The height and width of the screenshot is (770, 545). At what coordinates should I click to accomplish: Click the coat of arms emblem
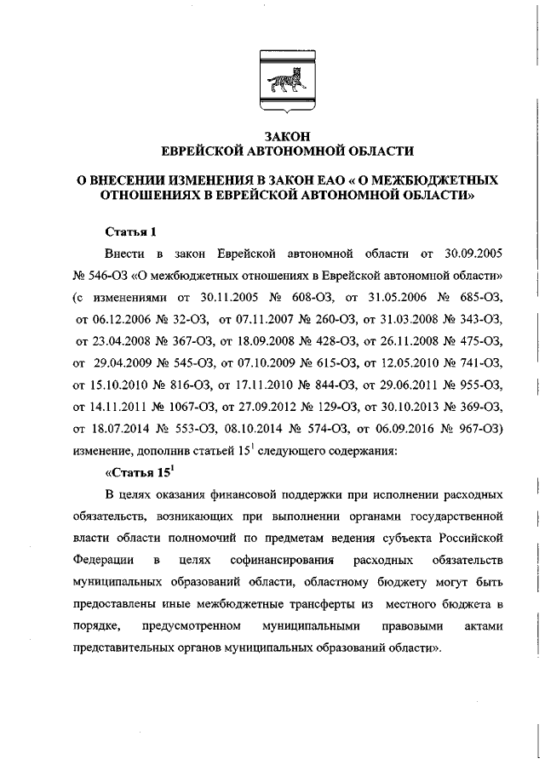[x=288, y=83]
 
